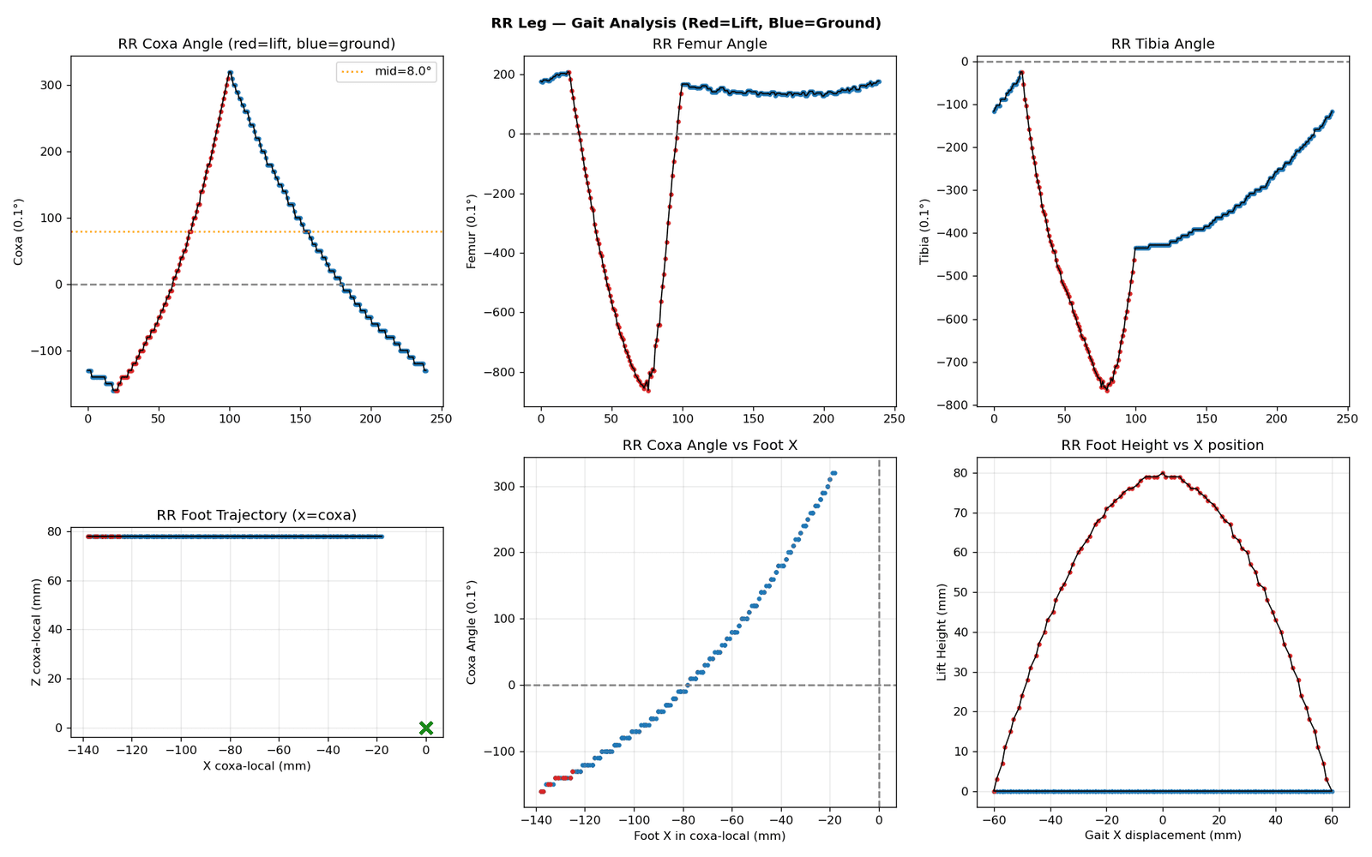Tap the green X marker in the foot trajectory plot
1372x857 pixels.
(x=426, y=728)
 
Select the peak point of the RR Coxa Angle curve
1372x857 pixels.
(x=230, y=72)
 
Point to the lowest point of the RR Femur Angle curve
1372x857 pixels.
(x=648, y=391)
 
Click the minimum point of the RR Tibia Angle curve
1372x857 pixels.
(x=1107, y=390)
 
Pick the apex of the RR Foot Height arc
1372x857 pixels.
(x=1163, y=473)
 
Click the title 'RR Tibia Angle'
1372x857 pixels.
(x=1163, y=44)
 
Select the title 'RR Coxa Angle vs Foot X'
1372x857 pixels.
(x=710, y=445)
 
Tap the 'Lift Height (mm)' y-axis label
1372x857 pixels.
(x=942, y=632)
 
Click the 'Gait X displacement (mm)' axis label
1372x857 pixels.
(x=1163, y=835)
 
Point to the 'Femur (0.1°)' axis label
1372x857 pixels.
(x=471, y=231)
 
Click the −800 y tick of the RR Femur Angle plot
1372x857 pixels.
(x=500, y=372)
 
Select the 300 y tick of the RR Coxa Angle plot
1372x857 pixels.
(x=51, y=85)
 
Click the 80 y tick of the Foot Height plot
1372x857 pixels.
(x=961, y=473)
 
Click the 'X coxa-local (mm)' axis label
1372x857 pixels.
(x=256, y=766)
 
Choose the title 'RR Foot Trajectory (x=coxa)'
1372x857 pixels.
(x=256, y=515)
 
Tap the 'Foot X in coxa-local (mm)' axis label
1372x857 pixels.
(x=710, y=836)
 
